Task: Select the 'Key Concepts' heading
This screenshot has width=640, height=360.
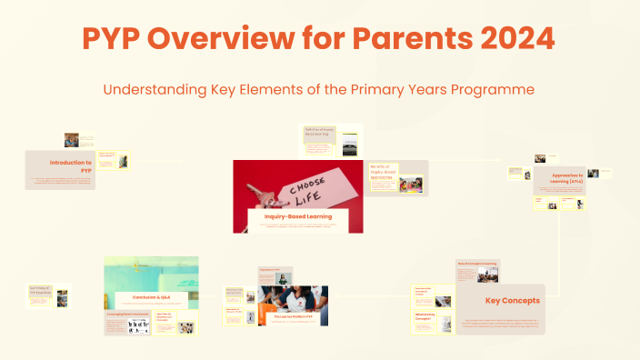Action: tap(512, 299)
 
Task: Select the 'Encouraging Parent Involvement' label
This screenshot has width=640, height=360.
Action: tap(127, 315)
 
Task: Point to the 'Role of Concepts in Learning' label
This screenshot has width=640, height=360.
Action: tap(476, 265)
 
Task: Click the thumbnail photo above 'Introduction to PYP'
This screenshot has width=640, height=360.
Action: tap(71, 140)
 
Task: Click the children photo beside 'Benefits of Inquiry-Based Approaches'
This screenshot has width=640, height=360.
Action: tap(409, 185)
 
